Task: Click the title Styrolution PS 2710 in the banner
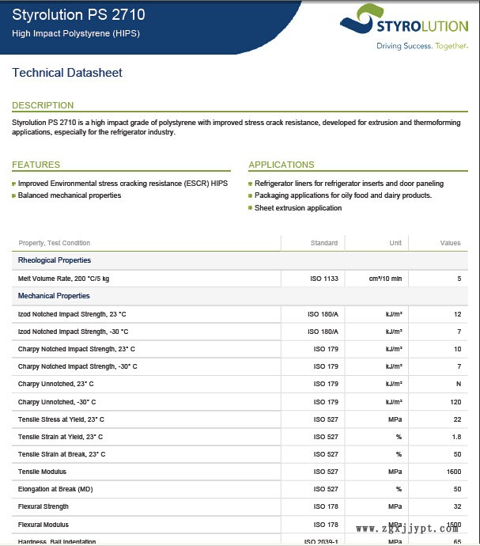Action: (78, 15)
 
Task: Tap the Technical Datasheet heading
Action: (67, 73)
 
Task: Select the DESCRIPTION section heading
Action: (43, 105)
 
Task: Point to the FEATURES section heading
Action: (36, 165)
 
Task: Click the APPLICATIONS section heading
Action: (281, 165)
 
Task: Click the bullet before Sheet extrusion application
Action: (251, 208)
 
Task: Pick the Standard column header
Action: (324, 243)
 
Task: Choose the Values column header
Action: (450, 243)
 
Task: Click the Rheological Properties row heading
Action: (55, 260)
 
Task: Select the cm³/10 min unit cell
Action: (385, 279)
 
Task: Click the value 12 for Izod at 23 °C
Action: (457, 314)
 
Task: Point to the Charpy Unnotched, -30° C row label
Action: (57, 402)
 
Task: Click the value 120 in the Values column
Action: (455, 402)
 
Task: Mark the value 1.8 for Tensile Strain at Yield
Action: (456, 437)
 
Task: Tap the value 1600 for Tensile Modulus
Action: (453, 472)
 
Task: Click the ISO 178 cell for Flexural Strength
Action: (326, 506)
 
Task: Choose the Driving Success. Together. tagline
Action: (421, 46)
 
